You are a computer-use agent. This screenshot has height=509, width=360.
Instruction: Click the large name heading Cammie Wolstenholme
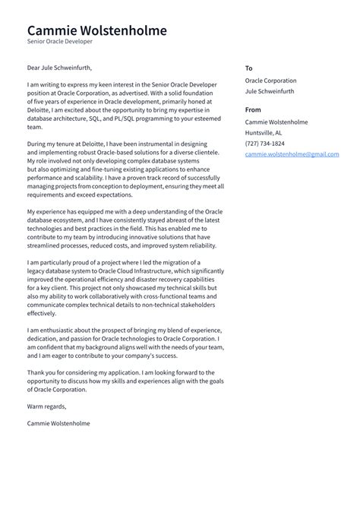click(96, 30)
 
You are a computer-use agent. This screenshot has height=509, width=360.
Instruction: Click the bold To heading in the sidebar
click(248, 68)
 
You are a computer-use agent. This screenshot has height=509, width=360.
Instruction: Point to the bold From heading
click(253, 110)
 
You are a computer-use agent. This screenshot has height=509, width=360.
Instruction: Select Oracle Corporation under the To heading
click(270, 81)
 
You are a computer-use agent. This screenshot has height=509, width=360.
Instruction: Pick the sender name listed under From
click(276, 122)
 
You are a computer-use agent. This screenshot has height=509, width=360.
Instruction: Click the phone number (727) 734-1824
click(265, 143)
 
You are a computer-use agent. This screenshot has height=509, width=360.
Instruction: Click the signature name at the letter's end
click(58, 422)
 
